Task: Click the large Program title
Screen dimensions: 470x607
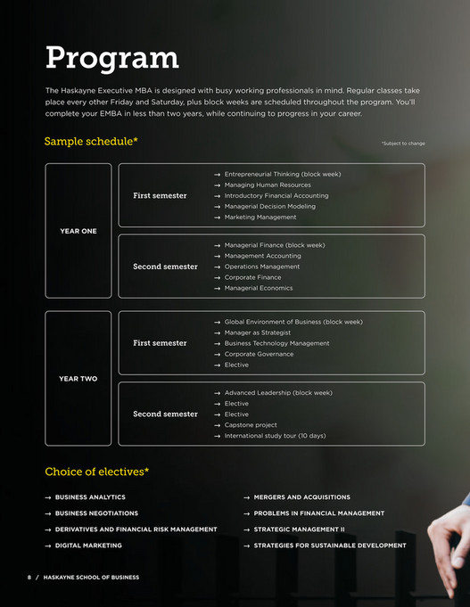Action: click(x=111, y=58)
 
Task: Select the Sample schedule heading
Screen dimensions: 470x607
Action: click(x=91, y=142)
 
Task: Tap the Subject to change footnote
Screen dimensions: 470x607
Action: click(x=402, y=144)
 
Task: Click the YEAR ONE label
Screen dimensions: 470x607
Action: click(x=78, y=231)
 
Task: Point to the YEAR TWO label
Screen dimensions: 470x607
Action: click(x=78, y=379)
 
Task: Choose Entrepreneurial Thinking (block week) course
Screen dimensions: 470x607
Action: click(x=282, y=174)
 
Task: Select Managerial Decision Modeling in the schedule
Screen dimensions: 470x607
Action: click(x=269, y=206)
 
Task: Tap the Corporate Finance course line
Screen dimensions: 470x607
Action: click(x=252, y=277)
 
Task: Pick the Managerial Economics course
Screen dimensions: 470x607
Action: click(x=259, y=288)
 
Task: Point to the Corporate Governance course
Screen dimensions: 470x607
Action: click(x=259, y=354)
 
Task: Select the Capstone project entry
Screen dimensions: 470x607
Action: click(x=251, y=425)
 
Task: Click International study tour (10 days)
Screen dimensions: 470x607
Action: click(x=275, y=436)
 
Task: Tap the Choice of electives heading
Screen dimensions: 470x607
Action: click(x=96, y=472)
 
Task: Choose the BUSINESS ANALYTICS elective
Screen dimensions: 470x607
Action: click(x=90, y=496)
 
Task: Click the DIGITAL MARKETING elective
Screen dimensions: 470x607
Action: click(x=88, y=545)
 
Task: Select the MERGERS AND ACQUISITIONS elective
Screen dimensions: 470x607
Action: click(x=301, y=496)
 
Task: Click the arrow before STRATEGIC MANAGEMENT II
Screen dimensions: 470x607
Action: click(x=246, y=529)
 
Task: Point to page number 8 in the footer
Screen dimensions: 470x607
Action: click(x=29, y=578)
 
